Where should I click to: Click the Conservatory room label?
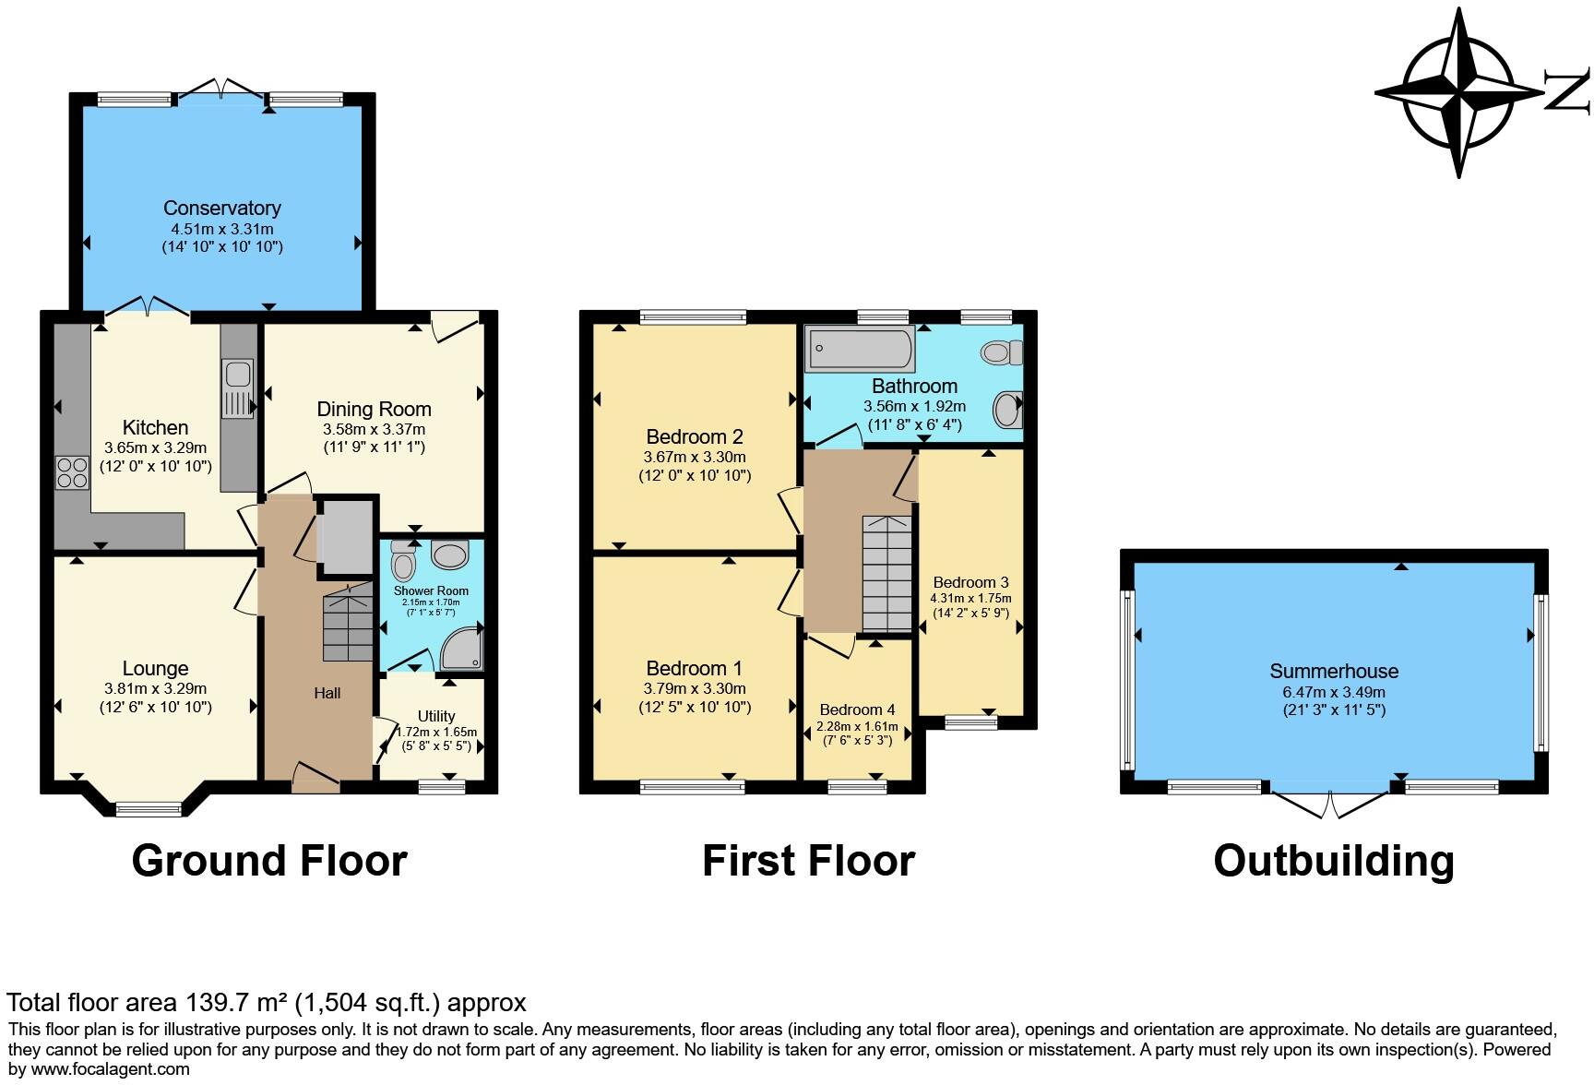(221, 208)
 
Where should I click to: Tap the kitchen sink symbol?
(238, 376)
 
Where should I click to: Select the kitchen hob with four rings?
(71, 472)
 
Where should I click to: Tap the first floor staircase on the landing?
(886, 572)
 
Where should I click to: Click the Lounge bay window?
(149, 809)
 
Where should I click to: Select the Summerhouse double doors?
(1330, 801)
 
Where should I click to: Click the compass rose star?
(1459, 92)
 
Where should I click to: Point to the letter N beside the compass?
(1567, 92)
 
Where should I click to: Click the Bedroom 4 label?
(857, 709)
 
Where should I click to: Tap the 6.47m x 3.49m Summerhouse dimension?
(1333, 692)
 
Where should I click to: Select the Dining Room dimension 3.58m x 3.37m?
(374, 429)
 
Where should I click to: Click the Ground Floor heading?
(269, 860)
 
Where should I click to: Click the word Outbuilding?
(1333, 860)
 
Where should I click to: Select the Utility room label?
(435, 716)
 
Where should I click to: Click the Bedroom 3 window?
(970, 723)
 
